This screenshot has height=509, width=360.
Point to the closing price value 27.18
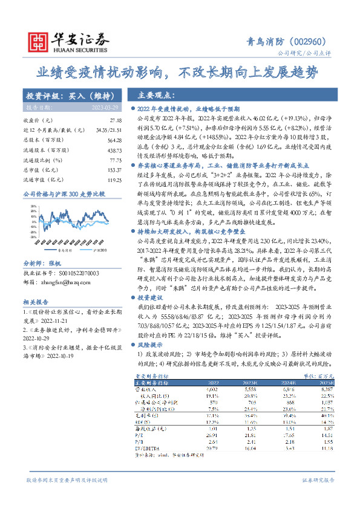116,120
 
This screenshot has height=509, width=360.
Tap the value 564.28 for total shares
115,140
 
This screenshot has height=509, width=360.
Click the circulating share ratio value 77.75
116,160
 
